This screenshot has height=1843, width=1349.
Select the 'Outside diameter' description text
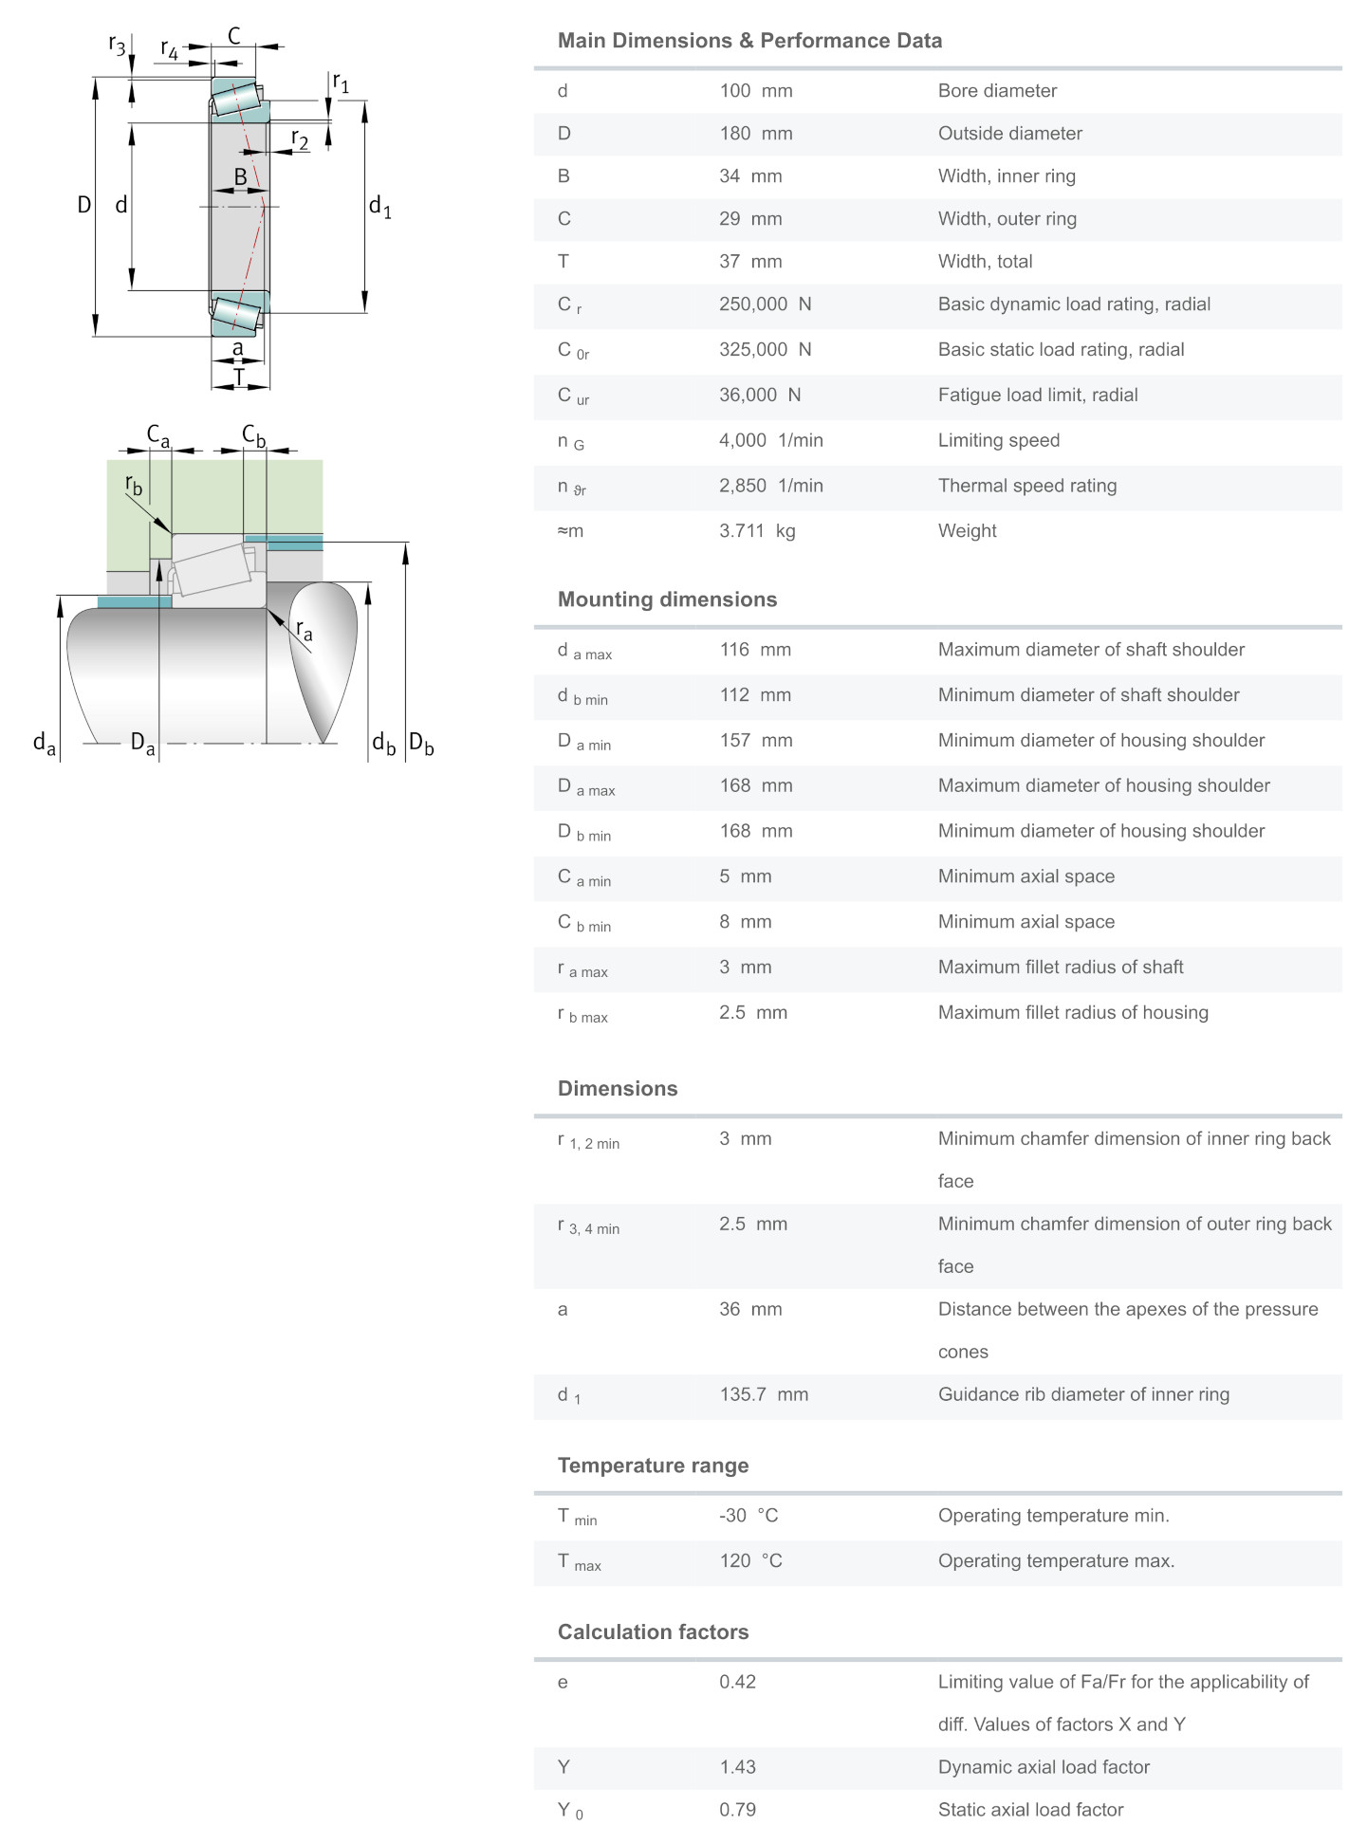[1009, 134]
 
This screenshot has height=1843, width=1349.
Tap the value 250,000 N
[765, 304]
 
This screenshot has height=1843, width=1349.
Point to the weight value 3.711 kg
[756, 531]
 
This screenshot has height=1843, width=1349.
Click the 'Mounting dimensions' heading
[667, 599]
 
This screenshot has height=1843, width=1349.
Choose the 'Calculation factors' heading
[653, 1631]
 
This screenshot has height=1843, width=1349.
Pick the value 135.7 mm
[763, 1394]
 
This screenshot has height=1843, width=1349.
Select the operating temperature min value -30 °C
[748, 1516]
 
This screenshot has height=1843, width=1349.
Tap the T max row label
[579, 1562]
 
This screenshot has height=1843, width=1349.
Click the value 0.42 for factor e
[737, 1682]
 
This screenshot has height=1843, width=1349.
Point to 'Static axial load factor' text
[1030, 1810]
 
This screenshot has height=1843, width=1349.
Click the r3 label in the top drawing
[117, 45]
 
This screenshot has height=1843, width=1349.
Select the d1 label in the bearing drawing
[379, 206]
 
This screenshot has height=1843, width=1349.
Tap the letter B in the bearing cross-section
[240, 176]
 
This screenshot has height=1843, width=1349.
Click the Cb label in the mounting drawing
[253, 435]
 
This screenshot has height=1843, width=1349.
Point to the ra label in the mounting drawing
[304, 630]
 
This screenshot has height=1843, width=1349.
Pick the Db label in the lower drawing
[421, 744]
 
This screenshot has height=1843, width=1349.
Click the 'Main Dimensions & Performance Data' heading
[749, 41]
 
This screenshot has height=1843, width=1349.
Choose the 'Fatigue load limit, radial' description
[1038, 396]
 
